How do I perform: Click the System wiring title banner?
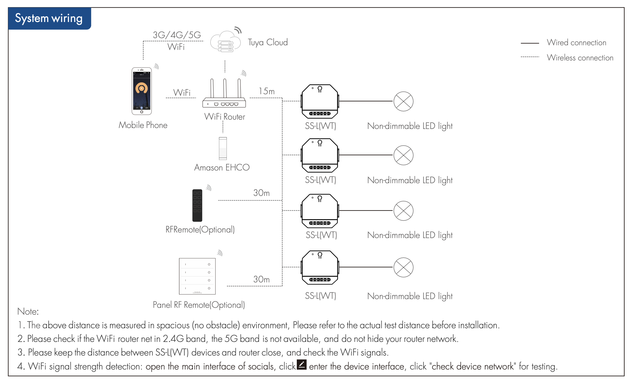49,19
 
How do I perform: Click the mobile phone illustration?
142,91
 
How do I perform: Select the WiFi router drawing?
224,95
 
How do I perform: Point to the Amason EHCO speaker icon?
223,148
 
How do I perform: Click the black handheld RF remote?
197,205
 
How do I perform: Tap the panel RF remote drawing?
197,276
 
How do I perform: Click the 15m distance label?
267,91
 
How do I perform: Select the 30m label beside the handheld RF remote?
261,193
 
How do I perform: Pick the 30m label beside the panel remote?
261,279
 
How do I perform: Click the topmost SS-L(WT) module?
320,101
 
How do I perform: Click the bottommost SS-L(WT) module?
320,267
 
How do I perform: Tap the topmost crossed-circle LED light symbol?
403,101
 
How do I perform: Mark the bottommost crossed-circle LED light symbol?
403,267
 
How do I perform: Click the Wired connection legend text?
577,42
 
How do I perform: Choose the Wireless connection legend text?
580,58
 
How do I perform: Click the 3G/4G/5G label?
177,35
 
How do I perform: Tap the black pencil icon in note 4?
301,365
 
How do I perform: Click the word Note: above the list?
28,311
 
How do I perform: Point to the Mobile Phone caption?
143,125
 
